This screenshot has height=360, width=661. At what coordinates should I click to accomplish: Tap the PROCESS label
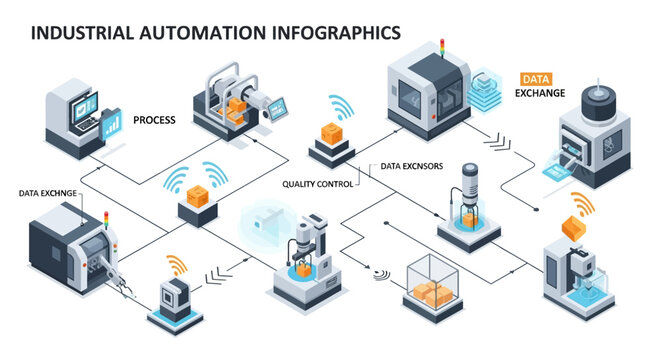(x=154, y=120)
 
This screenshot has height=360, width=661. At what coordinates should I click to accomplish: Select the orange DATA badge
(x=537, y=79)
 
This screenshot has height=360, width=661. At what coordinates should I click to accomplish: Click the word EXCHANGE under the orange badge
(x=540, y=93)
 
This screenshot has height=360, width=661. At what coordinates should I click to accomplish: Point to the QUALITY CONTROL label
(x=318, y=183)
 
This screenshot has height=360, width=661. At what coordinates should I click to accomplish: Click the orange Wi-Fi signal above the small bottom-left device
(x=176, y=266)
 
